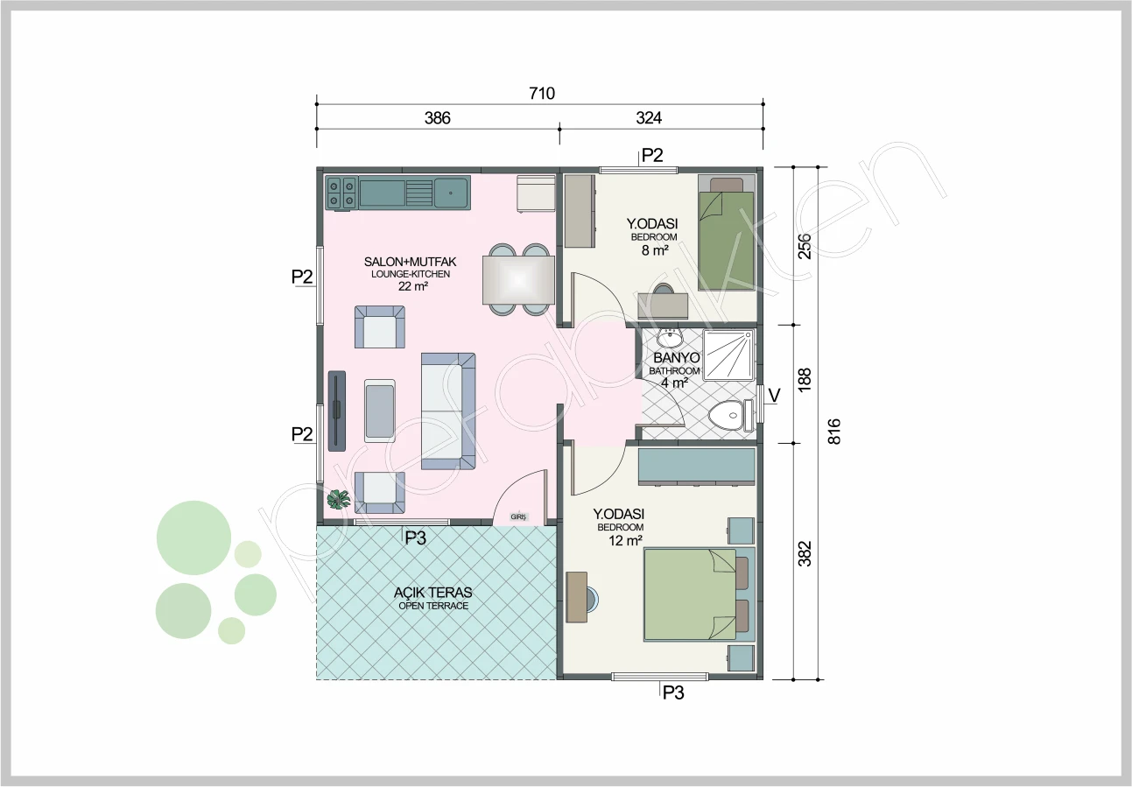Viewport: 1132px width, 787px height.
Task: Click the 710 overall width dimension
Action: click(542, 94)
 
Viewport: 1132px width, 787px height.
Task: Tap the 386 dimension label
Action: click(437, 118)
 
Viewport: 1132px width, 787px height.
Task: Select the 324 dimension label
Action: click(649, 118)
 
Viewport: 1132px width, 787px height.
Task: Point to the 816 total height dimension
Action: click(833, 432)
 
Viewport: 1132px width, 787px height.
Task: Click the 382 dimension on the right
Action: click(805, 553)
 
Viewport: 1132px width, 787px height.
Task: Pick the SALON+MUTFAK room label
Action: click(410, 262)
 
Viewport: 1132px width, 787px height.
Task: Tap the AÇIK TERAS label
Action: click(433, 592)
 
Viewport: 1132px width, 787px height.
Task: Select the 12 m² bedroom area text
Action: click(625, 541)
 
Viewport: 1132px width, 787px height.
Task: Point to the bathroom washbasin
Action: click(671, 337)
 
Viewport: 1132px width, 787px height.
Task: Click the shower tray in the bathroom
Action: click(728, 355)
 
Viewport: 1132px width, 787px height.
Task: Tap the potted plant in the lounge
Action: click(339, 499)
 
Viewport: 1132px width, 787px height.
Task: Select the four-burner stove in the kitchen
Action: click(341, 193)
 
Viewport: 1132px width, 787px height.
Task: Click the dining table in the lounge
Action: click(518, 280)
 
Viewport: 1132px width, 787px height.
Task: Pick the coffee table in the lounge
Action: click(380, 411)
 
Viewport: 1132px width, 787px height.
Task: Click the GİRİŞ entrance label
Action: click(518, 517)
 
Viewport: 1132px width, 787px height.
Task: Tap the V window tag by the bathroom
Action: click(774, 396)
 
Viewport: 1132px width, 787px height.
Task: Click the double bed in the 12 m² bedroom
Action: click(699, 594)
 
